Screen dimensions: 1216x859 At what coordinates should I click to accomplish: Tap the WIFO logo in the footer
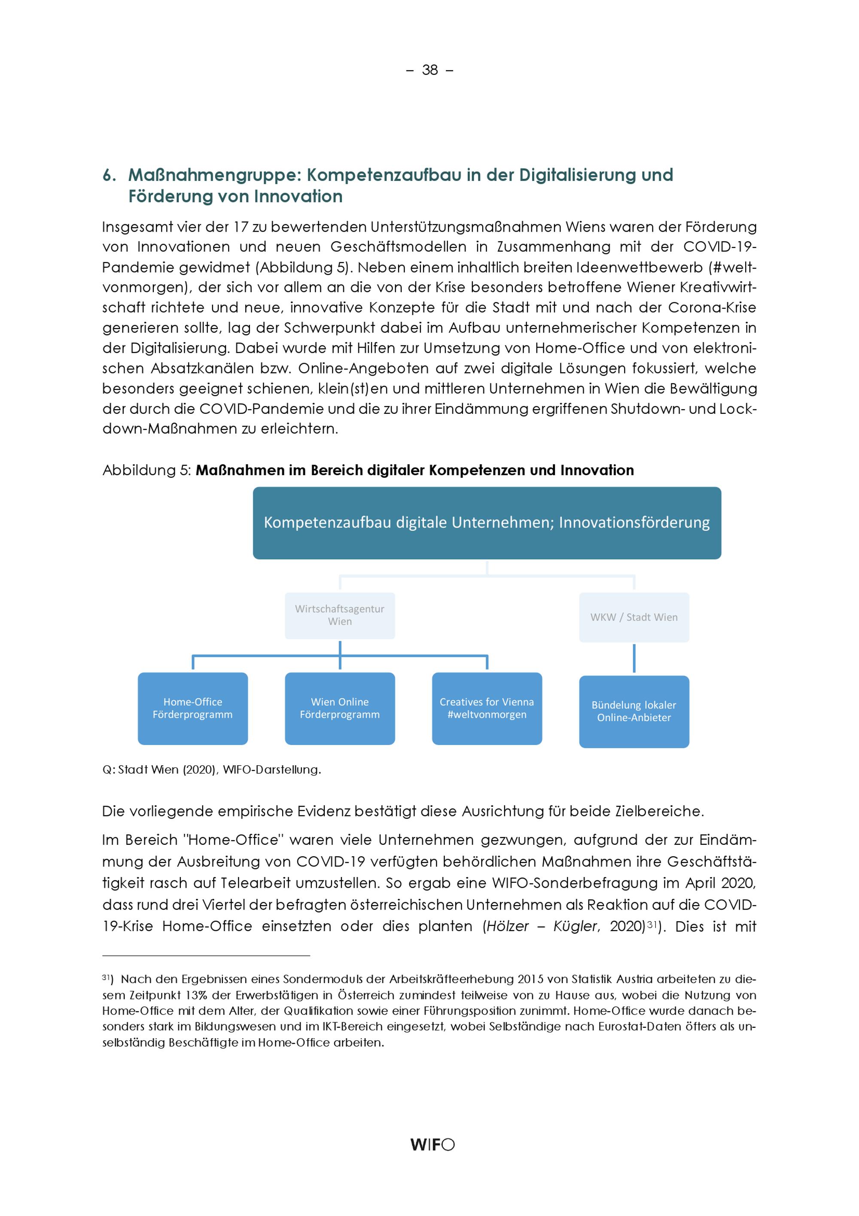(432, 1145)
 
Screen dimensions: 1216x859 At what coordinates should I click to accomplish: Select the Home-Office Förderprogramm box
(193, 708)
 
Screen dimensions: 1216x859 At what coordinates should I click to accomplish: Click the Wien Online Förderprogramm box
(340, 708)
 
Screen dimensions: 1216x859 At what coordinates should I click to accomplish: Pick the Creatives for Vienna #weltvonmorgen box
(487, 708)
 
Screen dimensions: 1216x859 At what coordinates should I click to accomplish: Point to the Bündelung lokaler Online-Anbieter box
(634, 711)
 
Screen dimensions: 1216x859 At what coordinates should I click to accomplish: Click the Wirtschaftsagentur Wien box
(340, 615)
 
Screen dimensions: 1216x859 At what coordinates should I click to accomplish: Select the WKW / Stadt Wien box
(634, 617)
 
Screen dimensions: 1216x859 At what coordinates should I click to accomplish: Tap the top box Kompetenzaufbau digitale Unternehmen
(487, 523)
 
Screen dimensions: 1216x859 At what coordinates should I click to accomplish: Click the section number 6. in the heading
(109, 175)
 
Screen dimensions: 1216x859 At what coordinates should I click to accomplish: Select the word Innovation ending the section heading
(298, 196)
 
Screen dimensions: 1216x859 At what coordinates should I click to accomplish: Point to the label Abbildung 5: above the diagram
(146, 471)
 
